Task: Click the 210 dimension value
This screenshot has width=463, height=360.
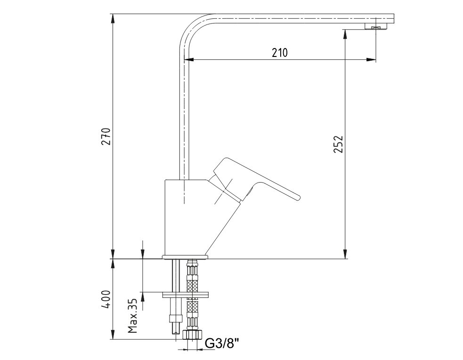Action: [x=279, y=53]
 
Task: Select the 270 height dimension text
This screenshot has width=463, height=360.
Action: [x=106, y=136]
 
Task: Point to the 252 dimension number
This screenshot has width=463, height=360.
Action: [x=338, y=144]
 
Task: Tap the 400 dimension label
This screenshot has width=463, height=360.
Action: [x=106, y=299]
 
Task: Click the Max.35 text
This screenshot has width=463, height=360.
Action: [x=132, y=316]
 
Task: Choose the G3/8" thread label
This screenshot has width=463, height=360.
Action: [x=222, y=344]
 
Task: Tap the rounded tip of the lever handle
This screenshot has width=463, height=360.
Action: [x=298, y=197]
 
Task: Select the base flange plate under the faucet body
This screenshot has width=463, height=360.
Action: [x=185, y=257]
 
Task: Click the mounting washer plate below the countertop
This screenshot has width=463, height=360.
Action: [x=185, y=294]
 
